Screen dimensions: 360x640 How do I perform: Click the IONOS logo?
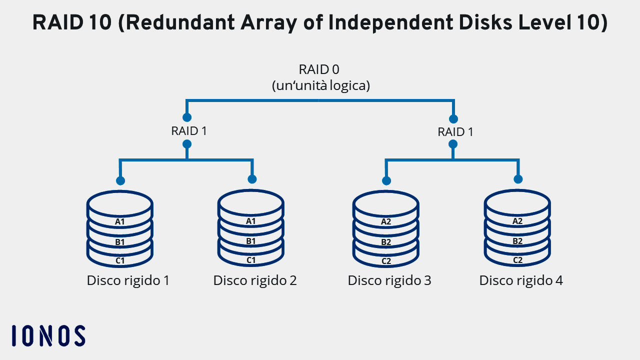coord(48,335)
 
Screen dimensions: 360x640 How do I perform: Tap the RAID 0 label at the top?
coord(319,69)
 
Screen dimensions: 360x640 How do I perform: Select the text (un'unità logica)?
coord(320,85)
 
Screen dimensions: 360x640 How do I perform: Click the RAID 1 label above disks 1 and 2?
coord(189,131)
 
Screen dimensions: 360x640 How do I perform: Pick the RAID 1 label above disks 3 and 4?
coord(455,132)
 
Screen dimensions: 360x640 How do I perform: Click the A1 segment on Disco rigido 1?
coord(119,221)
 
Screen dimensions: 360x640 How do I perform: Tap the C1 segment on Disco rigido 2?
coord(251,260)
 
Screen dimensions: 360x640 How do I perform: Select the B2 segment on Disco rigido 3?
coord(386,242)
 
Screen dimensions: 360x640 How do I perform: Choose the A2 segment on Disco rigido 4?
coord(517,221)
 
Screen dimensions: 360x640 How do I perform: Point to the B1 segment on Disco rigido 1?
coord(119,242)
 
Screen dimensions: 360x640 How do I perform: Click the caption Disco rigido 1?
coord(128,280)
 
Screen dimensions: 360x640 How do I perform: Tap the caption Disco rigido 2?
coord(255,280)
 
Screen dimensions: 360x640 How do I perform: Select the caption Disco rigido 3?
coord(389,280)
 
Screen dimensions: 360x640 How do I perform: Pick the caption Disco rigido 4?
coord(521,280)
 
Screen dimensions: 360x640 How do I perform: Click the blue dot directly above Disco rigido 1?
coord(120,180)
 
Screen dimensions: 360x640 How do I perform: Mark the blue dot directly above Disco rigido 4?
coord(518,179)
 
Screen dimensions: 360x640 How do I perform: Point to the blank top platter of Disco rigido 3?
coord(385,202)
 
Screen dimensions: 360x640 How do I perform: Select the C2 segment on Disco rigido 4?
coord(517,260)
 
